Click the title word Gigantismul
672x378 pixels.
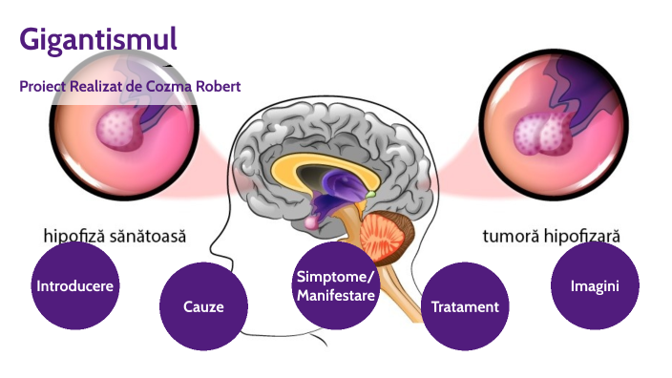pyautogui.click(x=98, y=39)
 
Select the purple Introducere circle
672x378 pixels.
pyautogui.click(x=75, y=285)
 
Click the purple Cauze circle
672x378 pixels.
pyautogui.click(x=202, y=306)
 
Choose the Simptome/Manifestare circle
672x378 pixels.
pyautogui.click(x=335, y=285)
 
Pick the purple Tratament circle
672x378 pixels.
pyautogui.click(x=465, y=306)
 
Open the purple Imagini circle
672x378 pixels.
pyautogui.click(x=594, y=285)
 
